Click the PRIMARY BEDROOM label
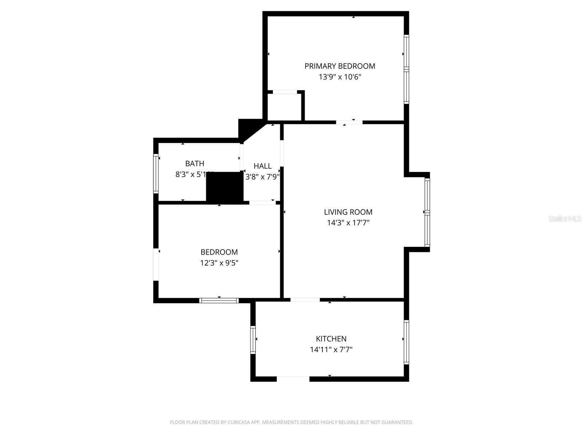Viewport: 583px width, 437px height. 340,66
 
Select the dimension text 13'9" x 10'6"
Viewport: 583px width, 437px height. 340,77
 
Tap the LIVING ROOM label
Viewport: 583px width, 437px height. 348,212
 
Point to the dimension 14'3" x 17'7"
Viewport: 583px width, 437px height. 348,223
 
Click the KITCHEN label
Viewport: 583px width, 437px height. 331,339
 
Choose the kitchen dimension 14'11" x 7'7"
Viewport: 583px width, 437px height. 331,350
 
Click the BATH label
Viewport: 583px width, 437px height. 195,164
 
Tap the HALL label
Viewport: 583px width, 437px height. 262,166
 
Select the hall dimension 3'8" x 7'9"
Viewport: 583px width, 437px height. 262,177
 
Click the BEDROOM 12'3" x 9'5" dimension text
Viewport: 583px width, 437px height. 219,263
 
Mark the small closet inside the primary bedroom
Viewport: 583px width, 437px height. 285,106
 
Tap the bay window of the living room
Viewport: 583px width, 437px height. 427,212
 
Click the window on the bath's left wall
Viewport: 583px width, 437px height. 156,173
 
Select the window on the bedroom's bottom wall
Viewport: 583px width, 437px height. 219,300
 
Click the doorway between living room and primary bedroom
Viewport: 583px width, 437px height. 349,122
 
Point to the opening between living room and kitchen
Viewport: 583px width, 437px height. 305,300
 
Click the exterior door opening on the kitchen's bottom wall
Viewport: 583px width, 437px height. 293,379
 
